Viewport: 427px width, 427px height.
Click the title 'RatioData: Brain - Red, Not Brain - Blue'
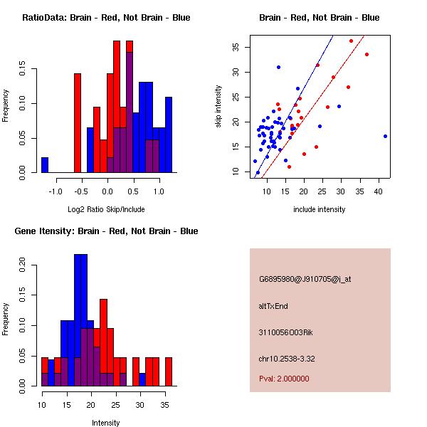[106, 18]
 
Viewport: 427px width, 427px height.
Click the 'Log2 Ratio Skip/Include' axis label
[106, 209]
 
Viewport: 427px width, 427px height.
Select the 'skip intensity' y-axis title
[219, 107]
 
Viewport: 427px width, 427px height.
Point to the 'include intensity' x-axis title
[320, 209]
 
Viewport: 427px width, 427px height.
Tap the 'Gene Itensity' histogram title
[106, 231]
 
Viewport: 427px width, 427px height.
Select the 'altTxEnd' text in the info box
[273, 306]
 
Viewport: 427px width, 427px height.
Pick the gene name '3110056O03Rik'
[285, 332]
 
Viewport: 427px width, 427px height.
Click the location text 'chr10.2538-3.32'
[287, 359]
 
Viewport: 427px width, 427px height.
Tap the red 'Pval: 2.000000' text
[284, 379]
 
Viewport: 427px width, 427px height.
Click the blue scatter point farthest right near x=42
[385, 136]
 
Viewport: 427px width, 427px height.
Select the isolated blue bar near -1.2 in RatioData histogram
[45, 165]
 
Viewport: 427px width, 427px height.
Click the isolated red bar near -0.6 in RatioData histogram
[78, 122]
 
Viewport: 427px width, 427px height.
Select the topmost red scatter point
[351, 41]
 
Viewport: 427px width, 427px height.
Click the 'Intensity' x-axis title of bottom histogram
[106, 423]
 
